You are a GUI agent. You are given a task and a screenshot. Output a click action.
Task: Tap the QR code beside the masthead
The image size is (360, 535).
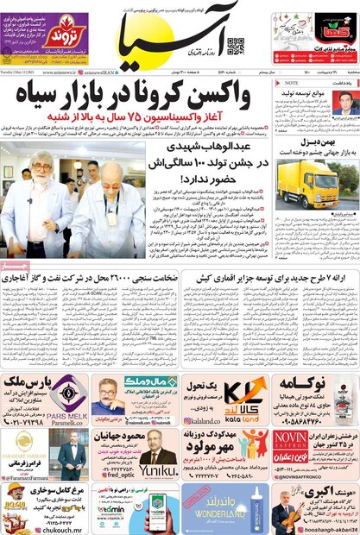tap(236, 46)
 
